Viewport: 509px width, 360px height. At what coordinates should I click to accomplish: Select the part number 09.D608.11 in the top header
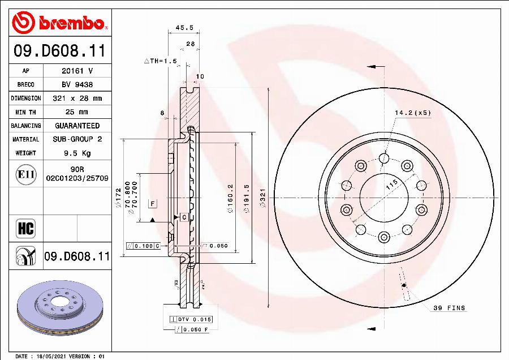[60, 52]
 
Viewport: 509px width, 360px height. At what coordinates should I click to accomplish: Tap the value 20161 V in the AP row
[77, 71]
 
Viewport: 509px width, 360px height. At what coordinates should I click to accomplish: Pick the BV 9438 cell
[77, 85]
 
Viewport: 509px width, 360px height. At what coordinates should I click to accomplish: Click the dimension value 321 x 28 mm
[77, 98]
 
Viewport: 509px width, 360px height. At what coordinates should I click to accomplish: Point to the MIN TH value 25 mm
[77, 112]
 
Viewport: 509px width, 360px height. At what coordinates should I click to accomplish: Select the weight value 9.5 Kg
[77, 153]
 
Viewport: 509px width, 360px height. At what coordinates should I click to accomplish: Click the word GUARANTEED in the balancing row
[77, 126]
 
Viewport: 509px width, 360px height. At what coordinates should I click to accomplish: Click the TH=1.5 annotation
[161, 61]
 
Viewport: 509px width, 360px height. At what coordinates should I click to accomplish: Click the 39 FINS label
[449, 308]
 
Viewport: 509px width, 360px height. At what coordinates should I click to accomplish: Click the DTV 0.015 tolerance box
[186, 320]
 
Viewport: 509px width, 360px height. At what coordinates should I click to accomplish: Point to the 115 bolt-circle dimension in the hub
[391, 185]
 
